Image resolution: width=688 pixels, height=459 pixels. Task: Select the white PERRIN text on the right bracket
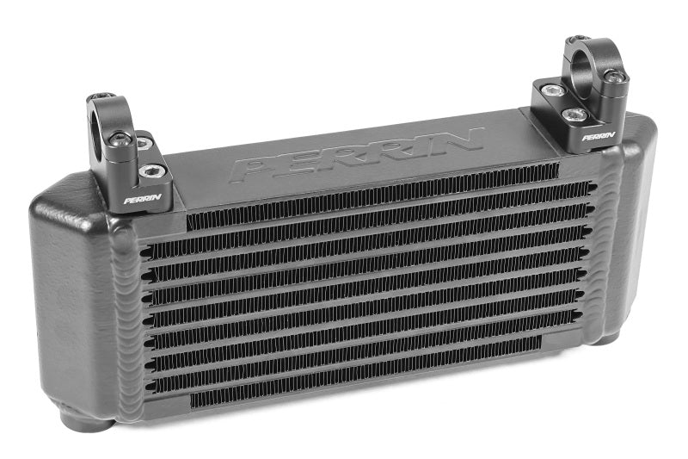click(599, 135)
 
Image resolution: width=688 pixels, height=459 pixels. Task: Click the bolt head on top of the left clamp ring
click(104, 96)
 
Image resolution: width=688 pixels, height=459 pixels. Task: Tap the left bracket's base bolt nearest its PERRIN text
click(151, 171)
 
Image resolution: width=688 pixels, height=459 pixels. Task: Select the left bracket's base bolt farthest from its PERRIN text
click(142, 140)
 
